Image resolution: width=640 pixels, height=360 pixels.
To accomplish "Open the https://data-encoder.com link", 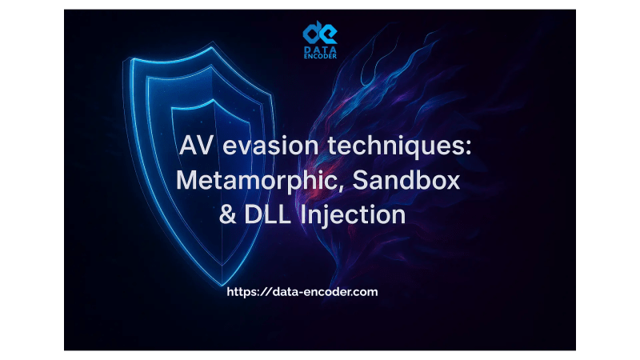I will tap(302, 292).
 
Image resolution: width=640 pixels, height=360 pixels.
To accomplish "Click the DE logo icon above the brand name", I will tap(320, 33).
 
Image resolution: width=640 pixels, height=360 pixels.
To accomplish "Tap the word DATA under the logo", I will tap(320, 50).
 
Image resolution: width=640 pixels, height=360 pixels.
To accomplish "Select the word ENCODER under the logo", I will tap(320, 58).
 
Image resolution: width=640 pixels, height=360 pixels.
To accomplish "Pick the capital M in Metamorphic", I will tap(186, 181).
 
